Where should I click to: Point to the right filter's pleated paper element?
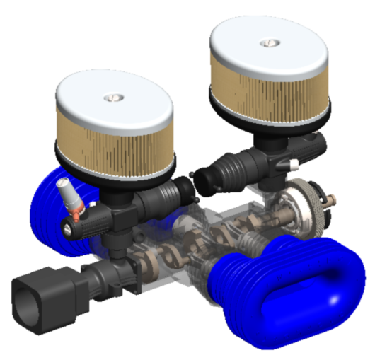269,95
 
